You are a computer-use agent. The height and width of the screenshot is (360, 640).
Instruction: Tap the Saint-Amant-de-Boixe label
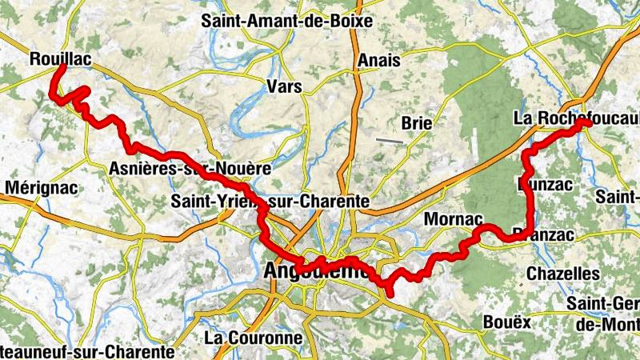coord(287,22)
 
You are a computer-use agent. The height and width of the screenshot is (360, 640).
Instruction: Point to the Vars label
coord(285,86)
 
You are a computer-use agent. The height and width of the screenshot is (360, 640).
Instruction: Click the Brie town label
coord(417,123)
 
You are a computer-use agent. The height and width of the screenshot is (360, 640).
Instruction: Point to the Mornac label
coord(453,218)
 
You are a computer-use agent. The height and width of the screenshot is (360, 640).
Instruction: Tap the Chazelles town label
coord(562,274)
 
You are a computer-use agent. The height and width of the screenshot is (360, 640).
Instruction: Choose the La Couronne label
coord(254,338)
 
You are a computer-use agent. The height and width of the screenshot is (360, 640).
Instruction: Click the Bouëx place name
coord(507,322)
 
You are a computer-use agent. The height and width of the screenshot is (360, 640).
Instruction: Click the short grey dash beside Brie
coord(390,141)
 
